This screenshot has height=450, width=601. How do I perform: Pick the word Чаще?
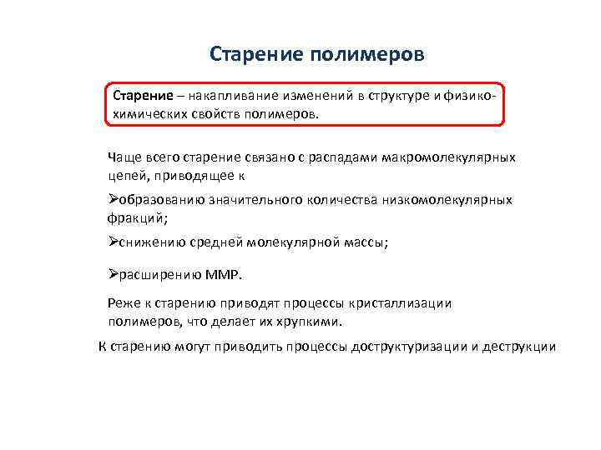click(124, 157)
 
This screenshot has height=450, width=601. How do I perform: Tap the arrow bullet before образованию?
click(114, 200)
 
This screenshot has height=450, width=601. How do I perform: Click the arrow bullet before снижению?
click(114, 242)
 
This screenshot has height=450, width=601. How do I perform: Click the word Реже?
click(124, 303)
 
